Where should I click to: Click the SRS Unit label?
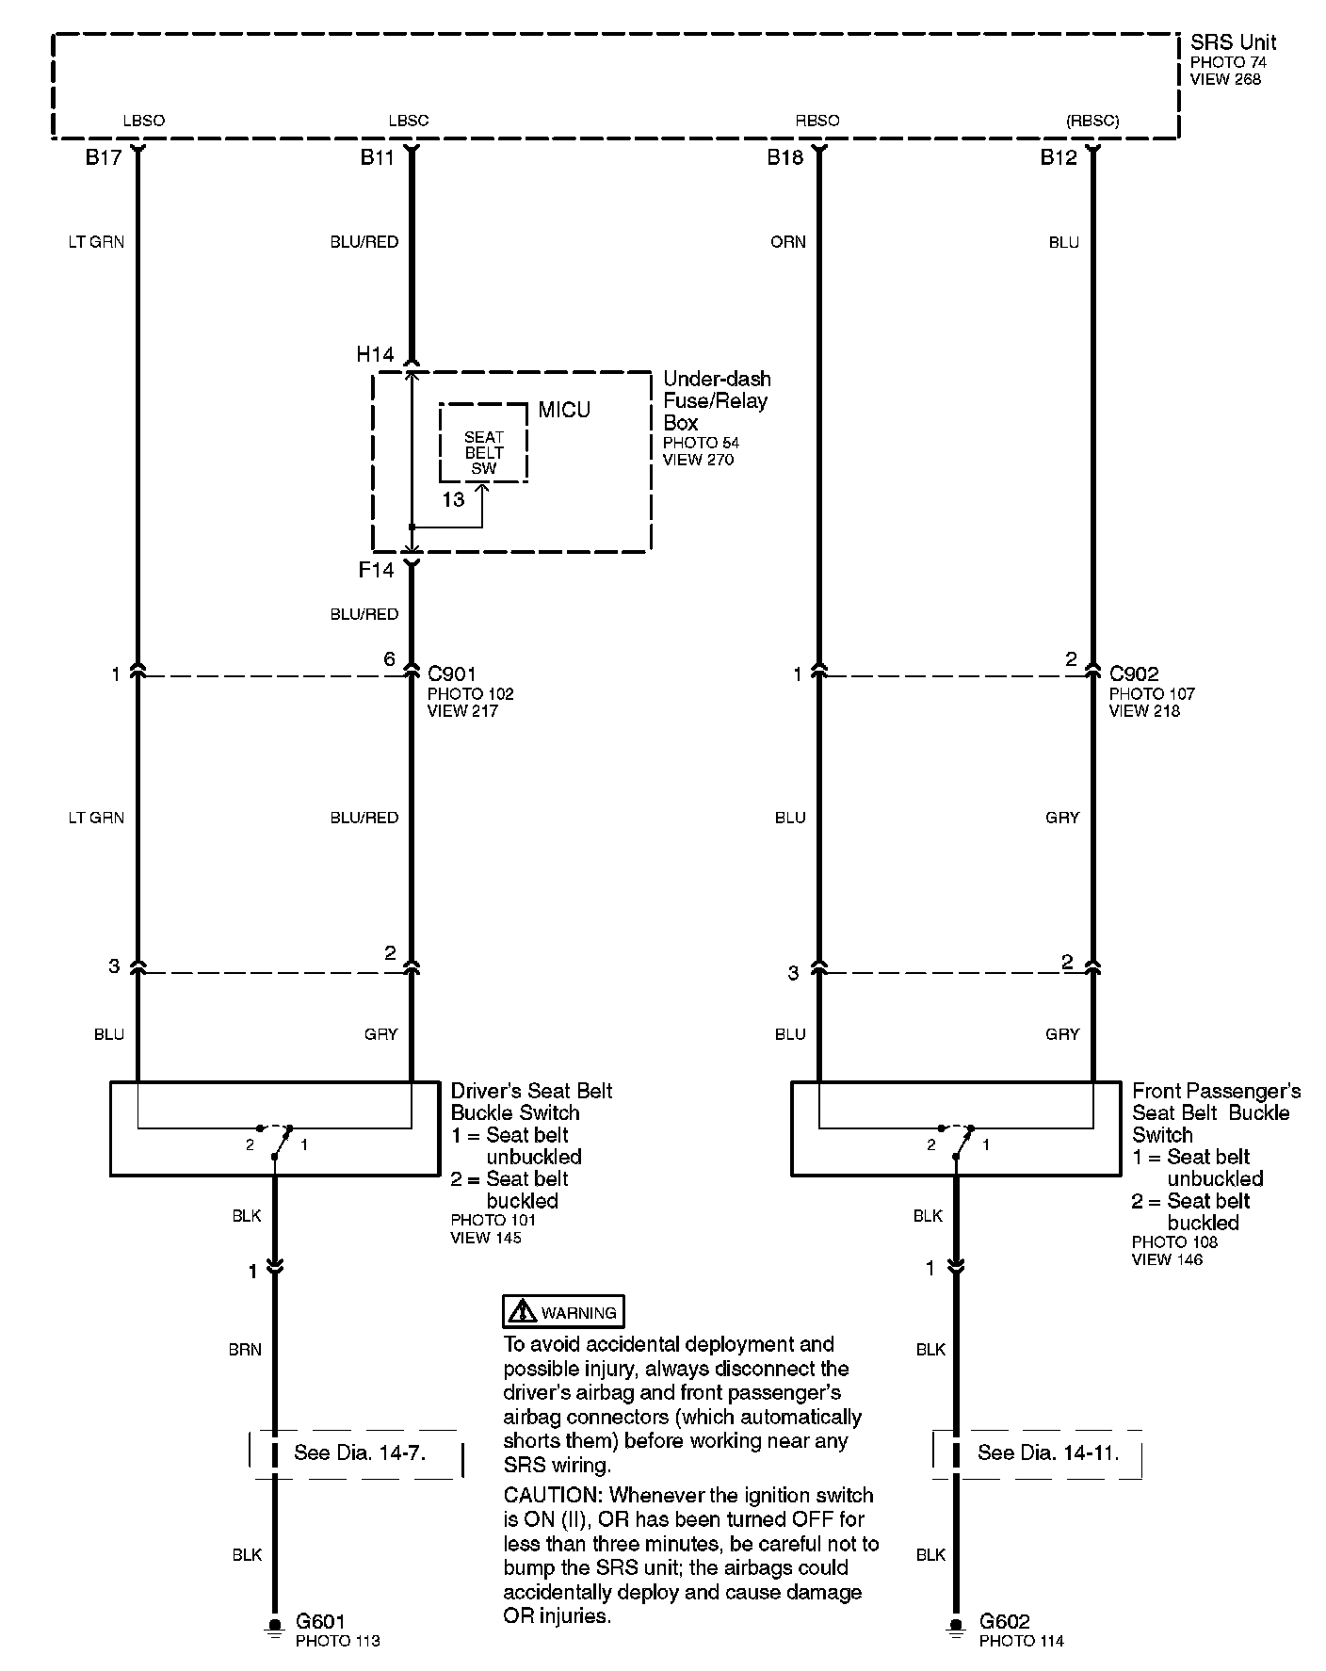pos(1233,42)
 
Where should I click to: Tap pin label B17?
pos(104,157)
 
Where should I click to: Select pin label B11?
pos(377,157)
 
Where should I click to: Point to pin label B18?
pos(784,157)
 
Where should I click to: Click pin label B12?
pos(1058,157)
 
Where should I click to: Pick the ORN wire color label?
pos(788,242)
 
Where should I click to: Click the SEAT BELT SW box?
pos(483,452)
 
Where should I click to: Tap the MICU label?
pos(564,410)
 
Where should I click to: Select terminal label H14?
pos(375,354)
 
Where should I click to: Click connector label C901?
pos(451,674)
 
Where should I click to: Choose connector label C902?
pos(1134,674)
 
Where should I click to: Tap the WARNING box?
pos(563,1312)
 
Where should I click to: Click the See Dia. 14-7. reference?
pos(359,1452)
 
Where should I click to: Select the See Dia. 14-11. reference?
pos(1047,1452)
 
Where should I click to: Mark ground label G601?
pos(320,1621)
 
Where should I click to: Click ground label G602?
pos(1004,1621)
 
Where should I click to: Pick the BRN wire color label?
pos(245,1350)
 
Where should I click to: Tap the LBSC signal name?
pos(408,121)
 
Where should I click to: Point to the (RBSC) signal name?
pos(1092,121)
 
